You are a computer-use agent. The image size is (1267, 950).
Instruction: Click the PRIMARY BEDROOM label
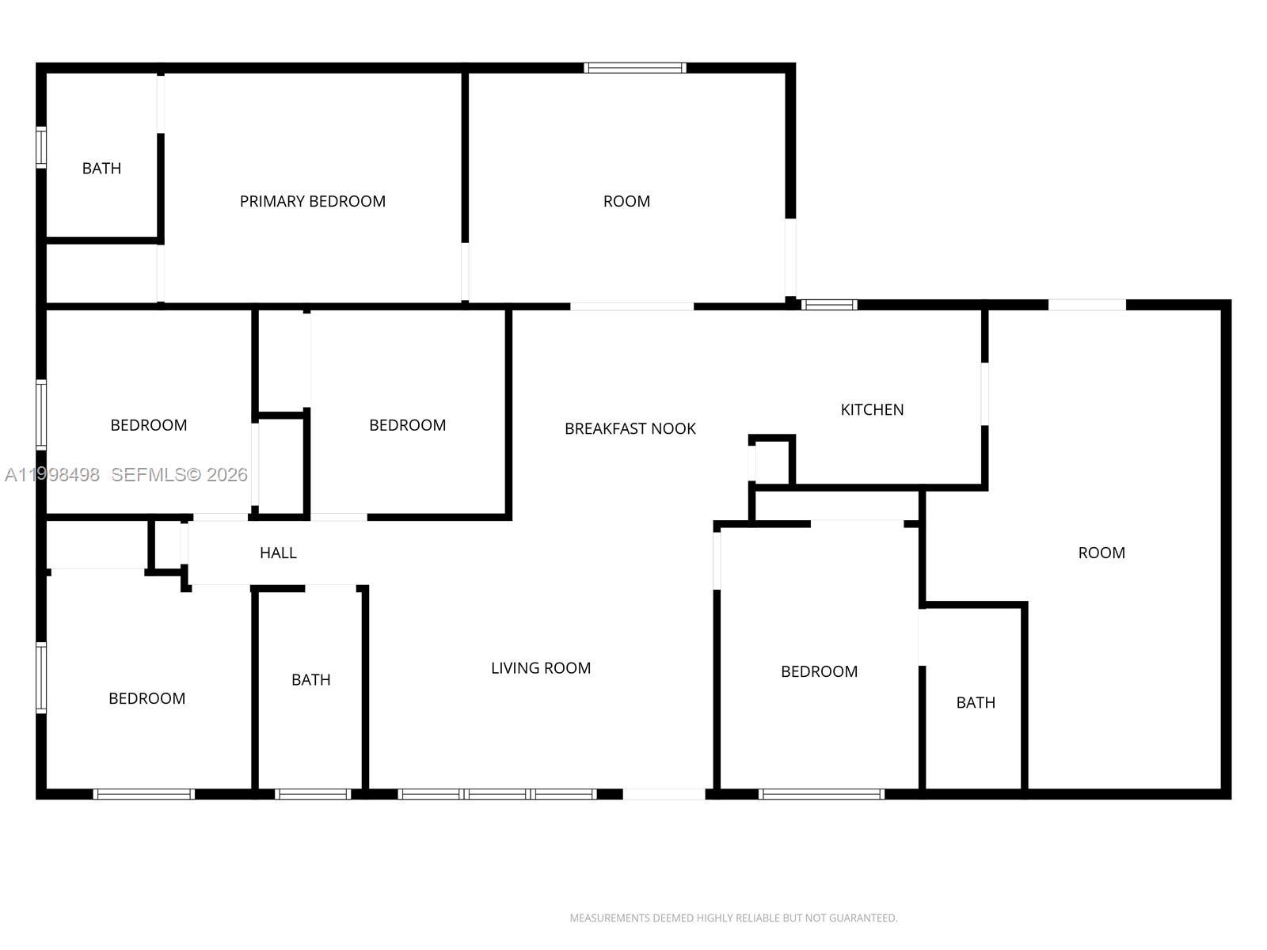tap(312, 201)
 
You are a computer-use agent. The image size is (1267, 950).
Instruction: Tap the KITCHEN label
tap(872, 409)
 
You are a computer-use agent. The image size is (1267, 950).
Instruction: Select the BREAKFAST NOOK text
tap(630, 428)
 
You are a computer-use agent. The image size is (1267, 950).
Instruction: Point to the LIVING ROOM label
tap(541, 668)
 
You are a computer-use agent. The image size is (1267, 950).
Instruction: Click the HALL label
tap(278, 553)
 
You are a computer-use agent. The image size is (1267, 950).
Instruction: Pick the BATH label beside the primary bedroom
tap(101, 169)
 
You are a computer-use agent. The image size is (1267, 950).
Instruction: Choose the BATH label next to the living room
tap(311, 679)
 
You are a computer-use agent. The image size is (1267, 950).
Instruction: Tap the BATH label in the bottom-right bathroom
tap(976, 702)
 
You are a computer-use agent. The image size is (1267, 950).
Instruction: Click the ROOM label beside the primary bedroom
tap(626, 201)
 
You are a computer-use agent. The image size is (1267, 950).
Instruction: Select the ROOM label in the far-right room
tap(1101, 553)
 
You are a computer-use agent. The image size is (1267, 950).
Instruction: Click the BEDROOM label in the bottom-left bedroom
tap(147, 698)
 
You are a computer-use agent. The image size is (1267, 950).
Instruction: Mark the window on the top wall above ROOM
tap(635, 68)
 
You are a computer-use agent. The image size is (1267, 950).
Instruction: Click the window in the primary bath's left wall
tap(41, 148)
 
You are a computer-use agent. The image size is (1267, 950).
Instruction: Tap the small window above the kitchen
tap(829, 305)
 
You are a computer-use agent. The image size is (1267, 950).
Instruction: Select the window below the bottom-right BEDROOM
tap(821, 794)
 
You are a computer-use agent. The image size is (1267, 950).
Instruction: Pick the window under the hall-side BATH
tap(313, 794)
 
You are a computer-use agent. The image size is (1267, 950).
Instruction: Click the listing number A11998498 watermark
tap(52, 475)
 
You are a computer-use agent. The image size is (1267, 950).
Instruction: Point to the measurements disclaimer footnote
tap(733, 918)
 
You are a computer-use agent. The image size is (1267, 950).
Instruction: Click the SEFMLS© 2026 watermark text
tap(179, 475)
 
